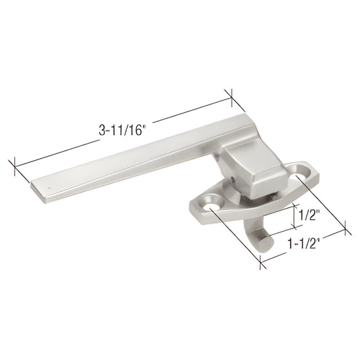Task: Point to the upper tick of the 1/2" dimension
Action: click(x=295, y=205)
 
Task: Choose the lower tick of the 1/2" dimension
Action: click(x=295, y=228)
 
